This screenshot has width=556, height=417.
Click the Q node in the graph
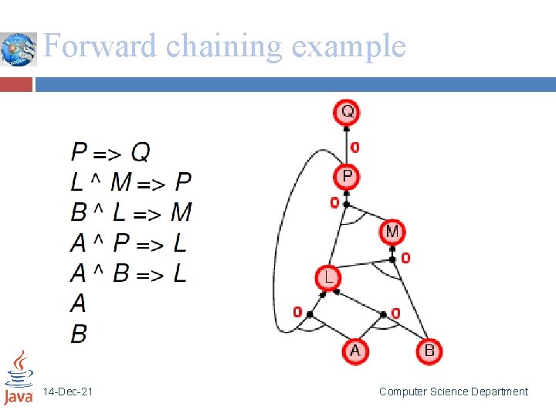(347, 112)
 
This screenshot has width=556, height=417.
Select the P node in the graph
(347, 178)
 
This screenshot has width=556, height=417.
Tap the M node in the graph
(392, 231)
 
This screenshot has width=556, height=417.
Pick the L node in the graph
(328, 278)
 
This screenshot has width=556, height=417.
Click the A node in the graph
(354, 351)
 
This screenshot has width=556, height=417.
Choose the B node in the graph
(429, 351)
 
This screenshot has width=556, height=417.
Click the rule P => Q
(111, 151)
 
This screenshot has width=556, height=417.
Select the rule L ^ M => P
(131, 182)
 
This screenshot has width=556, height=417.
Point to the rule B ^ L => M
(131, 212)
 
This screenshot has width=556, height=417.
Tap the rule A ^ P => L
(128, 243)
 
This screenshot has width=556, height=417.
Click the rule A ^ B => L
(128, 273)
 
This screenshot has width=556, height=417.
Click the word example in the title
(348, 46)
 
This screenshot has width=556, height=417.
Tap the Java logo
(19, 378)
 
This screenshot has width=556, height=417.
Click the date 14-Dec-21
(69, 392)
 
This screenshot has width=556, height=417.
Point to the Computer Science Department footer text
(453, 392)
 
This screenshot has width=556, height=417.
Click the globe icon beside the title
(19, 49)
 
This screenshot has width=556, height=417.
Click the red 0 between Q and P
(354, 147)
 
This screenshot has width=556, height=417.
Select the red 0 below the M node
(405, 258)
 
